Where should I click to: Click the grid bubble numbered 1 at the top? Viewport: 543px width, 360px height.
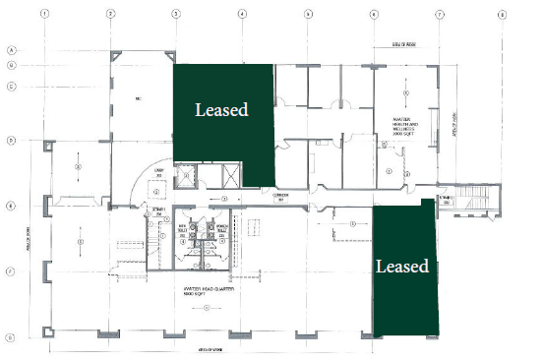pyautogui.click(x=45, y=15)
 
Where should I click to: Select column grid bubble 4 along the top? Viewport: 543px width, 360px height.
pyautogui.click(x=241, y=15)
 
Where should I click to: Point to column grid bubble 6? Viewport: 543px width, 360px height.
pyautogui.click(x=374, y=15)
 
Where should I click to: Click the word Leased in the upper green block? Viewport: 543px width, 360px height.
pyautogui.click(x=221, y=110)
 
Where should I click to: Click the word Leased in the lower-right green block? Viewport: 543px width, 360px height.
pyautogui.click(x=403, y=266)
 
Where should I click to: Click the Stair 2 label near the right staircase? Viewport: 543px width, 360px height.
pyautogui.click(x=446, y=200)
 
